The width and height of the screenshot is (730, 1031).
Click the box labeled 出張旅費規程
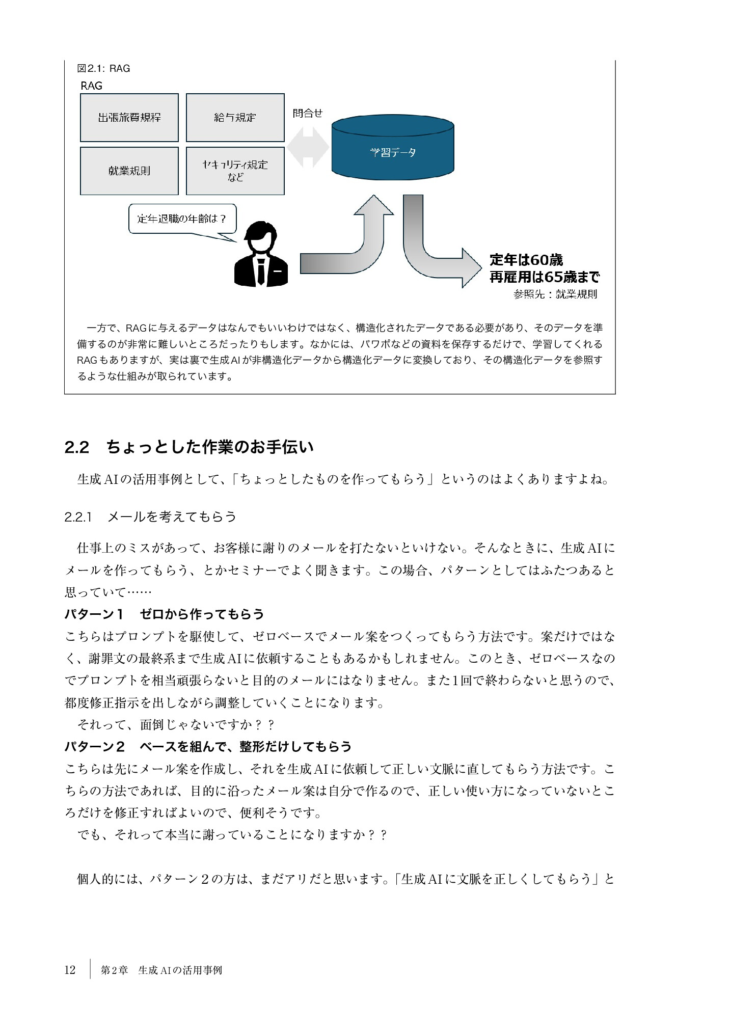pos(129,118)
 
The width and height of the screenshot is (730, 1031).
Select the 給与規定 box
pos(235,118)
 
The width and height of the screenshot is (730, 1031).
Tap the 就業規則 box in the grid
pos(129,171)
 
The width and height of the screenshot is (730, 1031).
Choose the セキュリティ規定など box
pos(235,171)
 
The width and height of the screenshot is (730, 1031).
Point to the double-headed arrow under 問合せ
pos(308,147)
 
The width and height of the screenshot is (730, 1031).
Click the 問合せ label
pos(308,113)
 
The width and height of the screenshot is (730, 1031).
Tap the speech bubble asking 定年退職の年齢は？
pos(181,219)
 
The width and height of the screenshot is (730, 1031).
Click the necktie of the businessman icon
pos(261,272)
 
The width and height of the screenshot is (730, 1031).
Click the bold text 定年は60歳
pos(526,260)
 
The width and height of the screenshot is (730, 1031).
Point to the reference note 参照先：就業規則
pos(555,294)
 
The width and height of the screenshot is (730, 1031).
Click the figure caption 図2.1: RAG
pos(103,69)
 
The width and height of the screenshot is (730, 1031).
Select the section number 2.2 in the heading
pos(77,447)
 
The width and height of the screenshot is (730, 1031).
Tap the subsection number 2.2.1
pos(78,517)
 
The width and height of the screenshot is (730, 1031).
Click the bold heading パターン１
pos(95,614)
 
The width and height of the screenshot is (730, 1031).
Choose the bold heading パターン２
pos(95,746)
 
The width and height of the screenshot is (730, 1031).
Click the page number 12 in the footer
pos(70,970)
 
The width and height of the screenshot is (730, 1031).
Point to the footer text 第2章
pos(114,970)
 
